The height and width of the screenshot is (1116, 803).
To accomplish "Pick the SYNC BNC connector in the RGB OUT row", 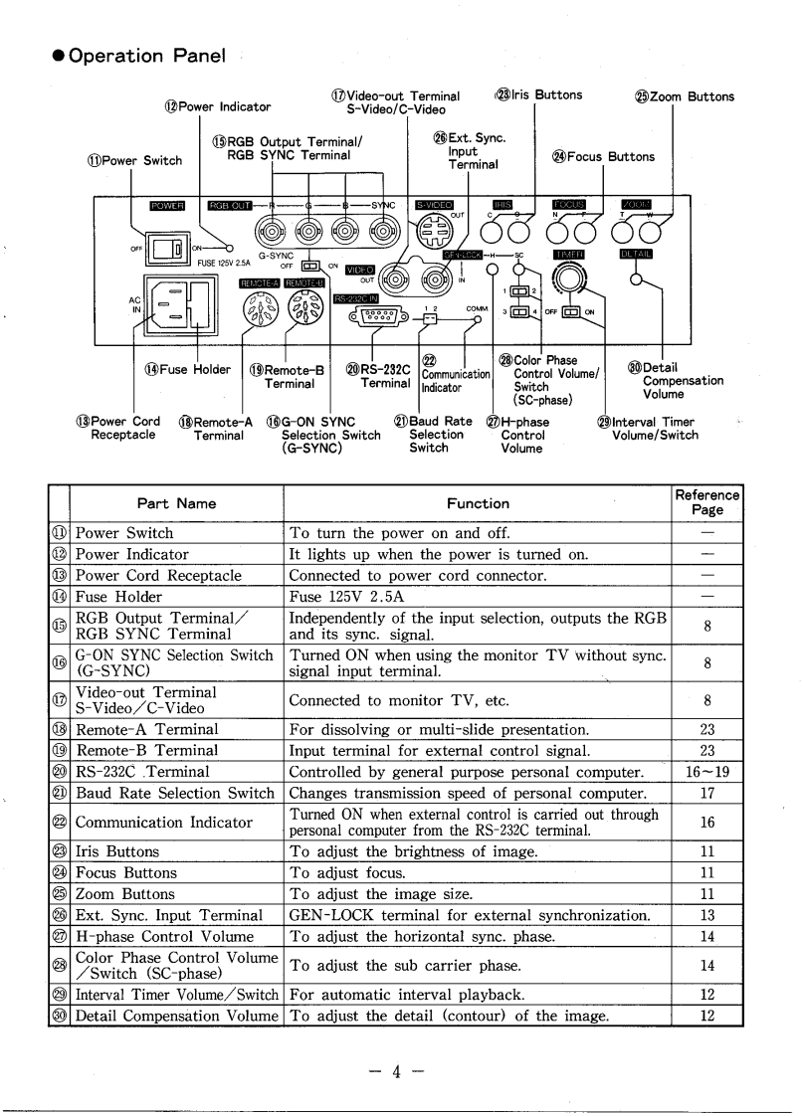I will point(383,235).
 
